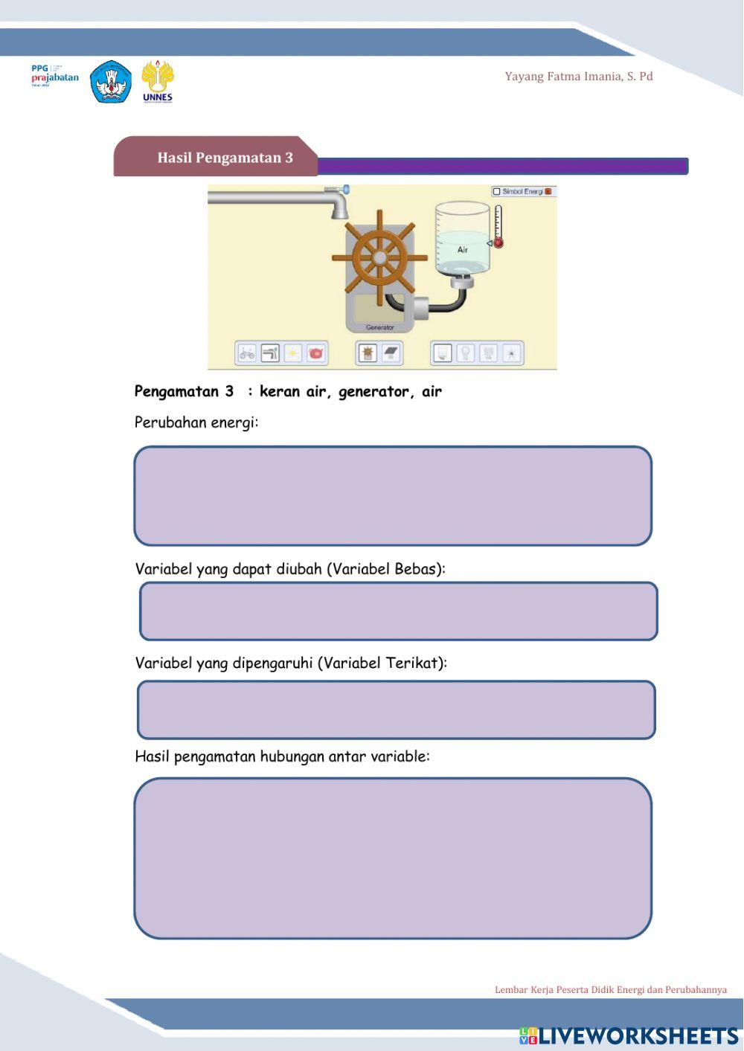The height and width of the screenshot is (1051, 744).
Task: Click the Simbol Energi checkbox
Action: pyautogui.click(x=496, y=192)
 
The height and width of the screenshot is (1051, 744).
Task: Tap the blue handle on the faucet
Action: pyautogui.click(x=346, y=190)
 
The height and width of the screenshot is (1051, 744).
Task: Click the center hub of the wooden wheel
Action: pyautogui.click(x=379, y=258)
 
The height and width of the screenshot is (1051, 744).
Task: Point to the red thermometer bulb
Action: pyautogui.click(x=498, y=242)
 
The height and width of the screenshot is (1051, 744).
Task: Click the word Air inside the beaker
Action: pyautogui.click(x=463, y=250)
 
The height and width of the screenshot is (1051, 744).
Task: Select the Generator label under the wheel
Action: pyautogui.click(x=379, y=327)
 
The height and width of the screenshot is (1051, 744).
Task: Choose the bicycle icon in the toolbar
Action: pyautogui.click(x=247, y=353)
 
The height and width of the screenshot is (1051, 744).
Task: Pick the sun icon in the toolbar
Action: pyautogui.click(x=293, y=353)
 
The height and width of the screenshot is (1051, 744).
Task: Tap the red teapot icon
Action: pyautogui.click(x=315, y=353)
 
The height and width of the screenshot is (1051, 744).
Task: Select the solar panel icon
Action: pyautogui.click(x=391, y=353)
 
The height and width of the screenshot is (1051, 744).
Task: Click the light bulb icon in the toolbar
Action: pyautogui.click(x=466, y=353)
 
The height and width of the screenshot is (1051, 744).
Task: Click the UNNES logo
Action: pyautogui.click(x=157, y=80)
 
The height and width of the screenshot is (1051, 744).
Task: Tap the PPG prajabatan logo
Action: pyautogui.click(x=54, y=76)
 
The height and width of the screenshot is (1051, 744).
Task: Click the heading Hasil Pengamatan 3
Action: pyautogui.click(x=225, y=158)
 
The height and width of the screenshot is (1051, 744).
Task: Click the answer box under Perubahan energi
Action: pyautogui.click(x=393, y=496)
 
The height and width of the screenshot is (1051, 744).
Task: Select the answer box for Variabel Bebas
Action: pyautogui.click(x=399, y=611)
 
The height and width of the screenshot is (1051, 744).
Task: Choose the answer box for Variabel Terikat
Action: pyautogui.click(x=397, y=710)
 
